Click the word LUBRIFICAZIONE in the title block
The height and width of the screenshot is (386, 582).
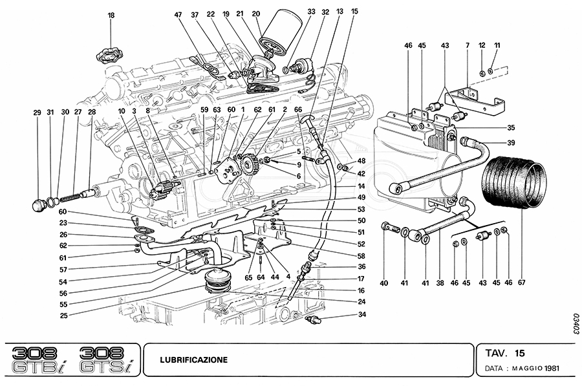[x=193, y=359]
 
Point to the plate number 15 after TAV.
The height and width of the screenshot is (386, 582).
[x=520, y=353]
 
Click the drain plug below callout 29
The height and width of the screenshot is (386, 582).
[x=39, y=206]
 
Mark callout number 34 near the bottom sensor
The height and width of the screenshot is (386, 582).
[x=361, y=315]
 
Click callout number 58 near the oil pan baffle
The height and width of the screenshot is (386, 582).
[x=361, y=255]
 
